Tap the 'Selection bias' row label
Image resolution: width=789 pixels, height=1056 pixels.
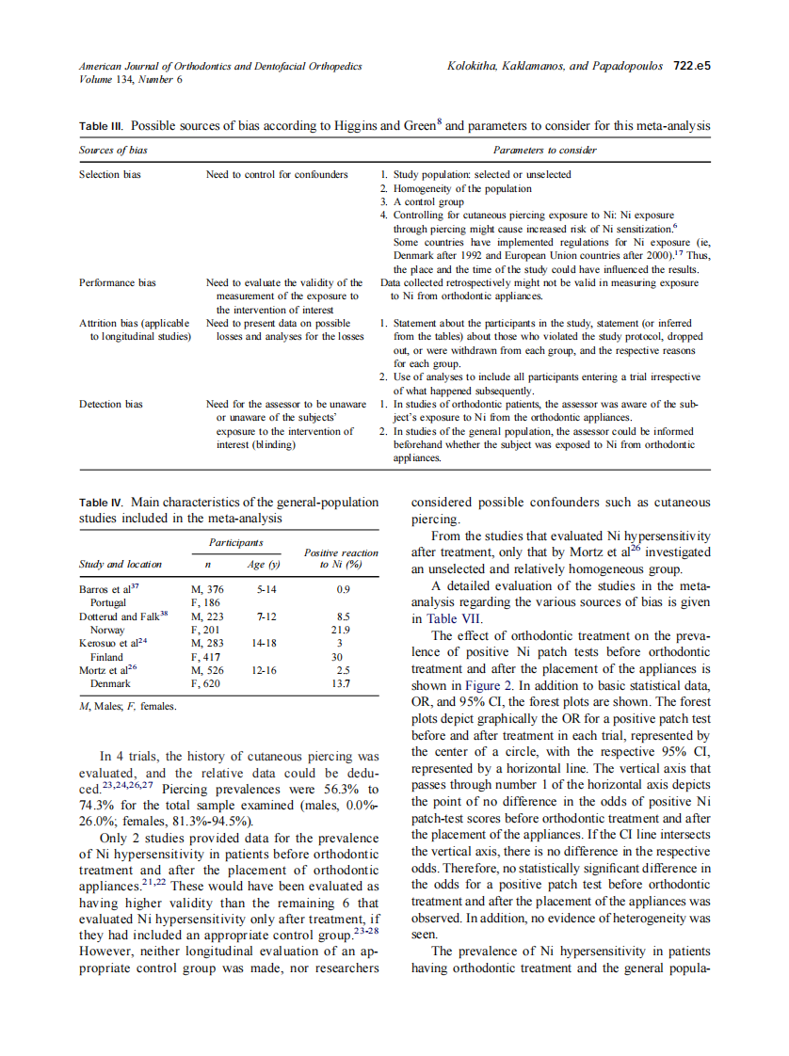(x=110, y=174)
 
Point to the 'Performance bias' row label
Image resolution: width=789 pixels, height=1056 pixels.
(x=118, y=282)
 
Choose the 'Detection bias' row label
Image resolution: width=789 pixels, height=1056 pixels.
(x=111, y=404)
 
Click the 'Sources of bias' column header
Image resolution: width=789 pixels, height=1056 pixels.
(x=113, y=151)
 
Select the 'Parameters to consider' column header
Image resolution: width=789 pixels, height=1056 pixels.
(x=544, y=151)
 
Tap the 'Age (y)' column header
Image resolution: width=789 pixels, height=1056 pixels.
(x=264, y=565)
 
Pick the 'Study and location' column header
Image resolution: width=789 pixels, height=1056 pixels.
(x=121, y=565)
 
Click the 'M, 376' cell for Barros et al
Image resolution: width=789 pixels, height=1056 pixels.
(x=207, y=589)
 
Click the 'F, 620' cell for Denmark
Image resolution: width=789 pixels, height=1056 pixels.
(x=205, y=683)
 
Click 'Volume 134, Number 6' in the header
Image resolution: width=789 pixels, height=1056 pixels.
(x=131, y=79)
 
